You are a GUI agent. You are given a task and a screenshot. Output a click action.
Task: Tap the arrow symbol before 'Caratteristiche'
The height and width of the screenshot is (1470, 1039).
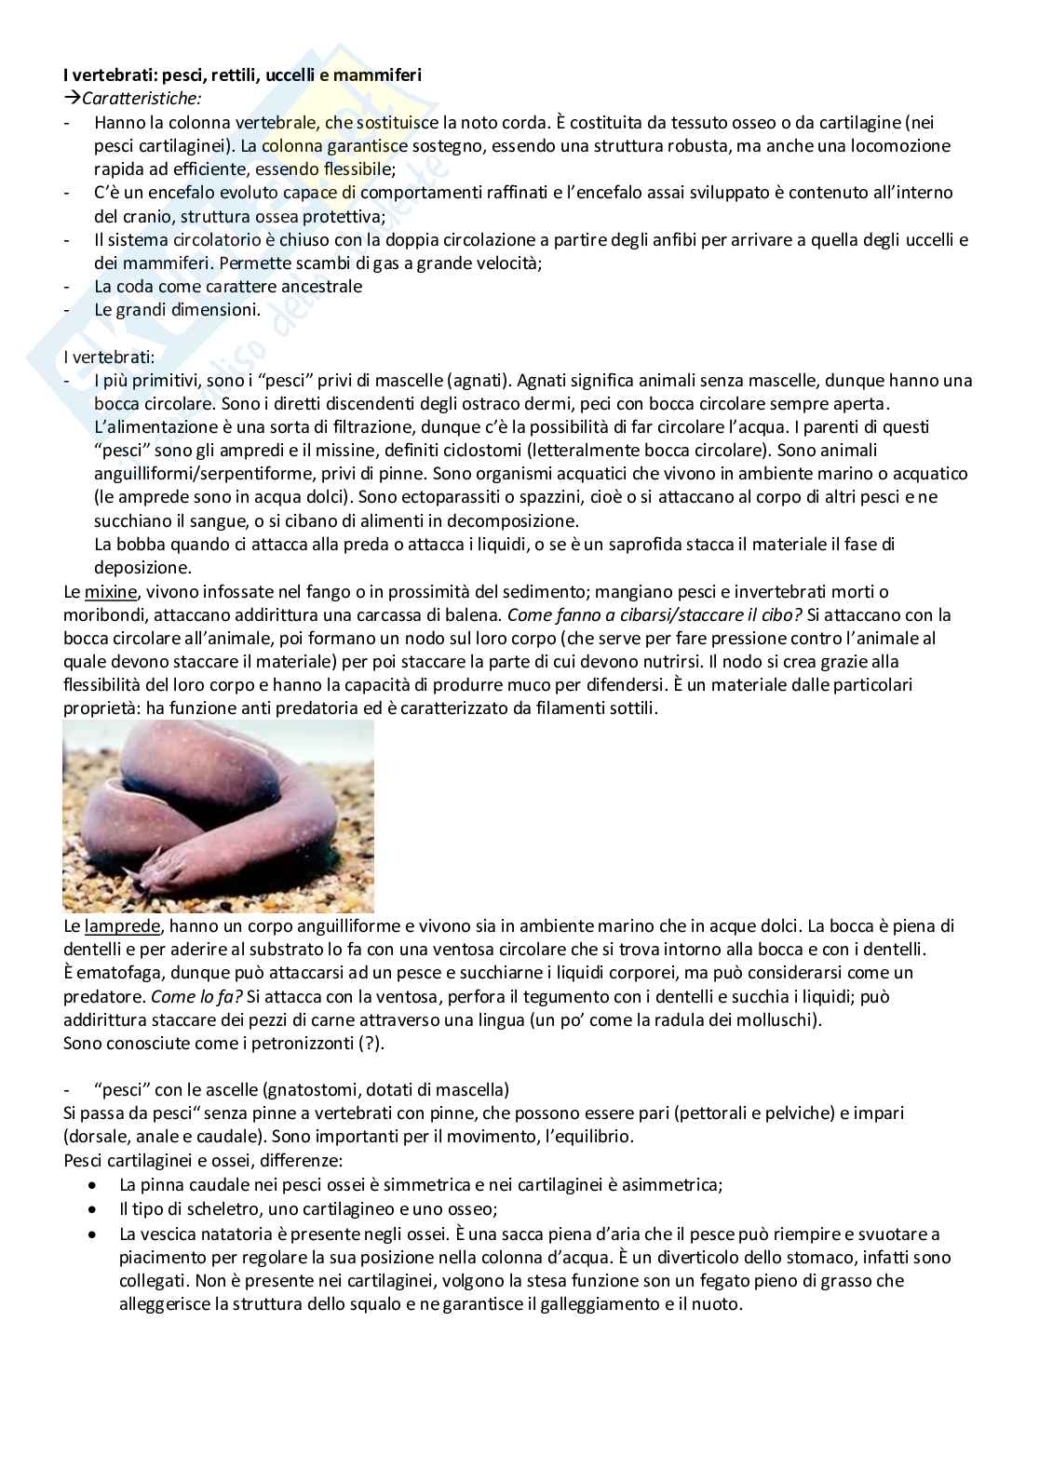(x=72, y=99)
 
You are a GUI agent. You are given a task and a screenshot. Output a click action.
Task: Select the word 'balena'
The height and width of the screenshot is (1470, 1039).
(x=475, y=614)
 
